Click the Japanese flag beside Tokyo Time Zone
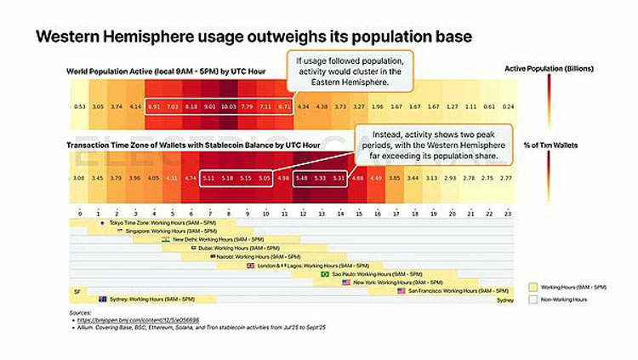coord(102,223)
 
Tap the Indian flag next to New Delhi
coord(166,240)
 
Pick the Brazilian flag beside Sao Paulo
coord(325,274)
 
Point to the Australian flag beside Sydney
coord(103,299)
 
